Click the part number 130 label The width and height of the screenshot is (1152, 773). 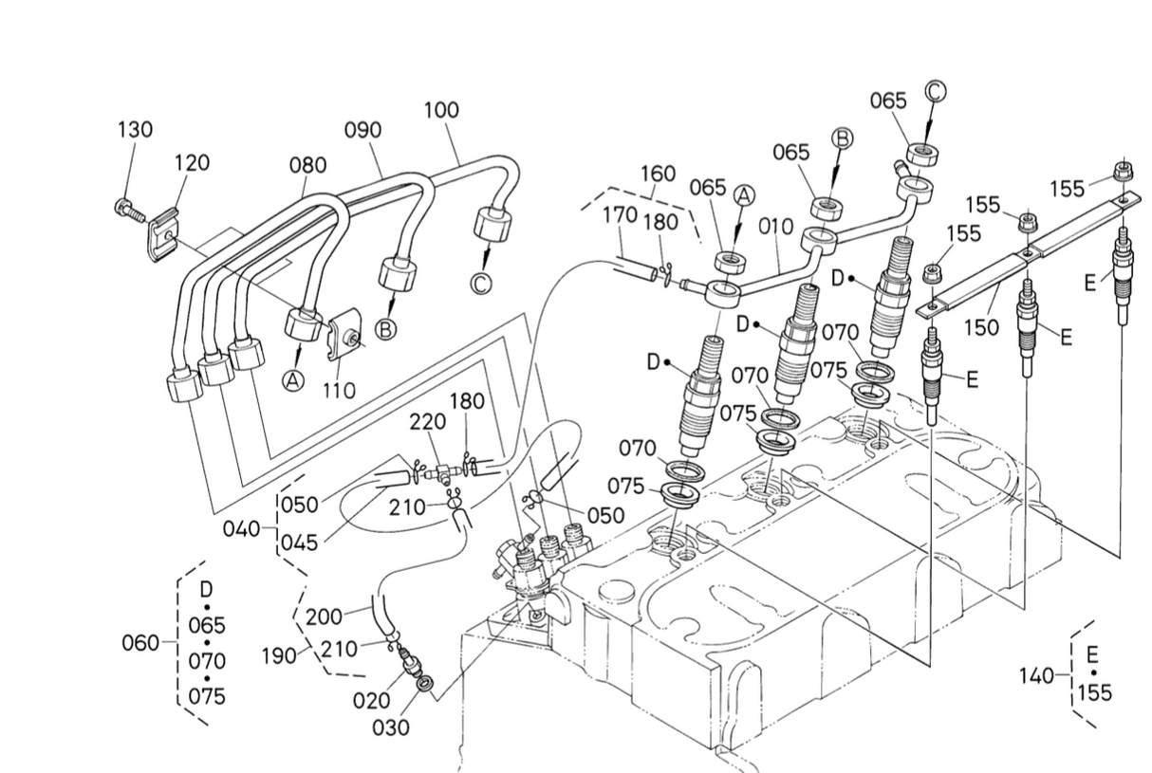pyautogui.click(x=136, y=130)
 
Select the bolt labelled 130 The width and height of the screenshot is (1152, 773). pyautogui.click(x=127, y=211)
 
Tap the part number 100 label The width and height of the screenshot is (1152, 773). pyautogui.click(x=442, y=110)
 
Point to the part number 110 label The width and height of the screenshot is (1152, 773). pyautogui.click(x=339, y=391)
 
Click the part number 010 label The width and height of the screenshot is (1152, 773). pyautogui.click(x=776, y=226)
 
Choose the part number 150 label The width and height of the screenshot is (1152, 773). pyautogui.click(x=981, y=327)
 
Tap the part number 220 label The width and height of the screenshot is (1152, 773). pyautogui.click(x=427, y=422)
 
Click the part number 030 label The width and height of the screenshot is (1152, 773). pyautogui.click(x=391, y=727)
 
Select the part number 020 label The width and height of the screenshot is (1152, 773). pyautogui.click(x=371, y=701)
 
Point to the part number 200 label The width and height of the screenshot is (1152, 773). pyautogui.click(x=324, y=617)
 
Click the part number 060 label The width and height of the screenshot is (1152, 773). pyautogui.click(x=140, y=642)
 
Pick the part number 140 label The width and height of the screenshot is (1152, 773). pyautogui.click(x=1037, y=676)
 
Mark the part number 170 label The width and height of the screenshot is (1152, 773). pyautogui.click(x=621, y=214)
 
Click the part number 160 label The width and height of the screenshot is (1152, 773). pyautogui.click(x=659, y=174)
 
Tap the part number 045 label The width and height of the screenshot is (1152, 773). pyautogui.click(x=300, y=543)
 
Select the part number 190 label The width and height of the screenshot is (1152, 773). pyautogui.click(x=279, y=655)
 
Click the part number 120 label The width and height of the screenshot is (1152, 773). pyautogui.click(x=192, y=162)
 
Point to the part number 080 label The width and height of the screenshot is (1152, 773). pyautogui.click(x=308, y=165)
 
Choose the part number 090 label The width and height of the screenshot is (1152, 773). pyautogui.click(x=363, y=130)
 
